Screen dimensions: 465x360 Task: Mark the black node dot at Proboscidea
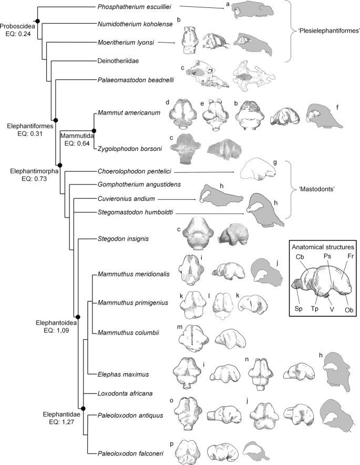coord(37,20)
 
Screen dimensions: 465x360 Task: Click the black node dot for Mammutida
coord(94,130)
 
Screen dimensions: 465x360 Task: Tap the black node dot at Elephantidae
coord(84,408)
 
